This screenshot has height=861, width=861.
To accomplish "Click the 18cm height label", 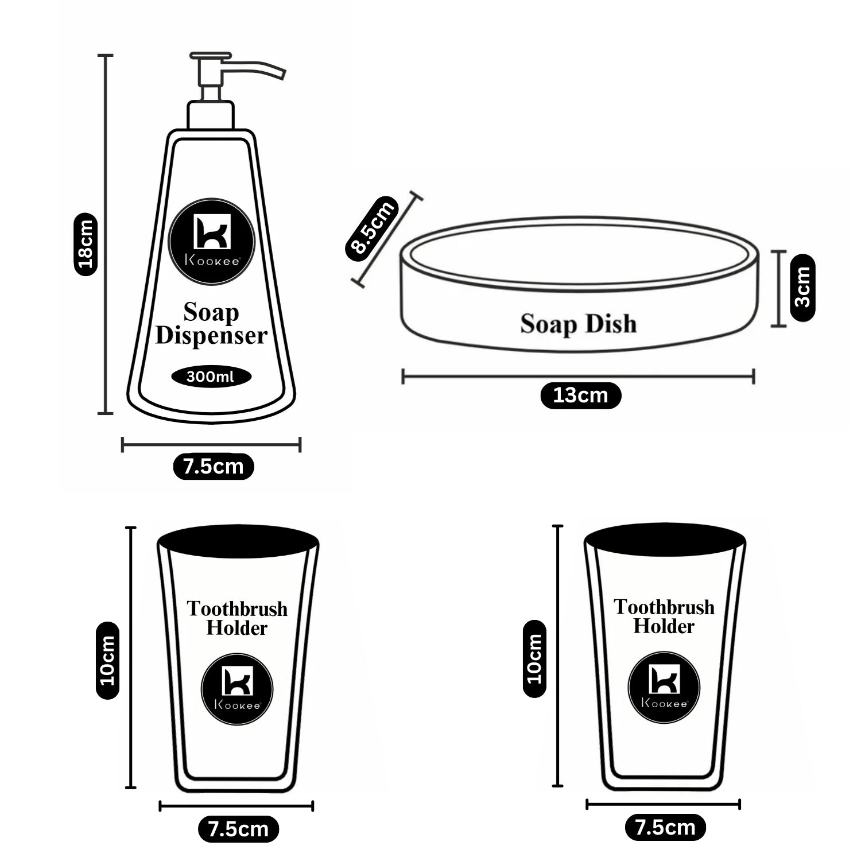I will tap(86, 244).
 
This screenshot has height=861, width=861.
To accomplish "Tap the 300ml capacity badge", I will tap(211, 377).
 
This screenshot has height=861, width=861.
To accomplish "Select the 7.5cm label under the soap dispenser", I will tap(213, 466).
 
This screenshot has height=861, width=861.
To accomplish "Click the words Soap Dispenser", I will tap(211, 324).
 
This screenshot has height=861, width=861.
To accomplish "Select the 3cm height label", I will tap(802, 288).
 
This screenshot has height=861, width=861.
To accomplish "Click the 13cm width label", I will tap(580, 395).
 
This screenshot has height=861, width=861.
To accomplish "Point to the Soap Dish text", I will tap(579, 324).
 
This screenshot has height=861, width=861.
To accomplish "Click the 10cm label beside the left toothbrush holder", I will tap(107, 661).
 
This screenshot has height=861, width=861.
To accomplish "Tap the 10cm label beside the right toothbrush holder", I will tap(534, 658).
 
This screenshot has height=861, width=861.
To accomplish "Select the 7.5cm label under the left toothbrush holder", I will tap(238, 829).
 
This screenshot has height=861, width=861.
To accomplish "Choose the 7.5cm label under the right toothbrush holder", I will tap(665, 827).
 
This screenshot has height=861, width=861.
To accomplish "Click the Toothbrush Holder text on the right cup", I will tap(664, 616).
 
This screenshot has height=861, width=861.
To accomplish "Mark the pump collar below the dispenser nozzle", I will tap(211, 115).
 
